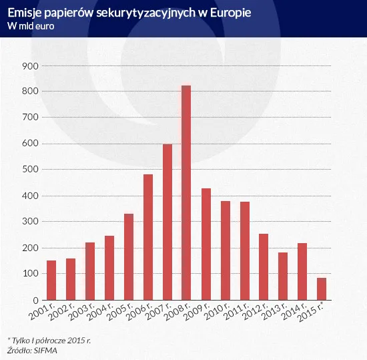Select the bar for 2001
pyautogui.click(x=51, y=280)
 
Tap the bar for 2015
pyautogui.click(x=322, y=289)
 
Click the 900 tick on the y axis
pyautogui.click(x=31, y=65)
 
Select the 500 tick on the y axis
pyautogui.click(x=31, y=170)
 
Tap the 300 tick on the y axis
pyautogui.click(x=31, y=222)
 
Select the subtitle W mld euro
pyautogui.click(x=30, y=26)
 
